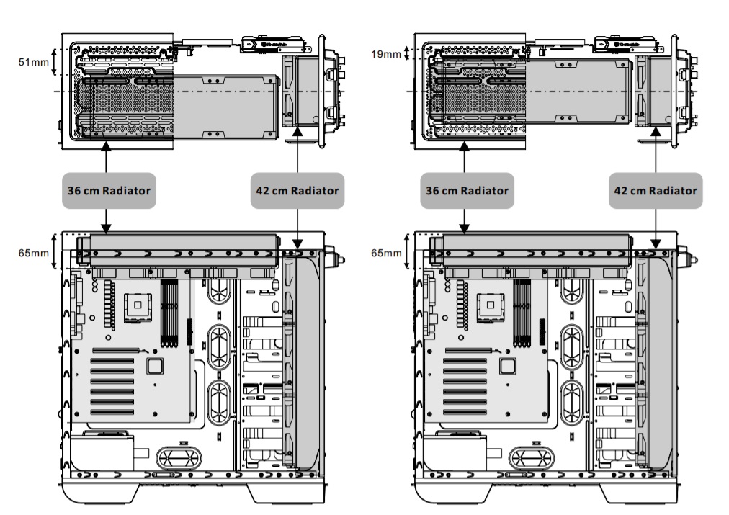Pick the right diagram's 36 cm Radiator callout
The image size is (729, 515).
[x=465, y=191]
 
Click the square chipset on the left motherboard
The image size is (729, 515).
[x=153, y=366]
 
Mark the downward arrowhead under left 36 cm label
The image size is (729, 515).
[x=107, y=228]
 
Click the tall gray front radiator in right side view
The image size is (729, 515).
[x=656, y=360]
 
